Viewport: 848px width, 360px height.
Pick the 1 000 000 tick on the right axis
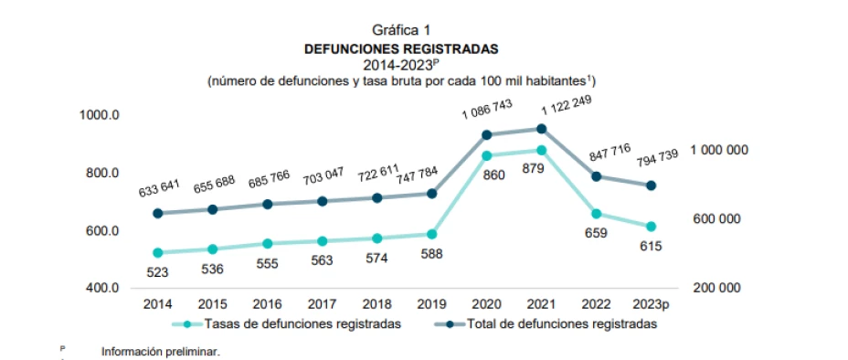point(718,150)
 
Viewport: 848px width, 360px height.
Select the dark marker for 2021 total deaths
point(541,129)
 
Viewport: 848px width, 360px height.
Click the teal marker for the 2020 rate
point(486,156)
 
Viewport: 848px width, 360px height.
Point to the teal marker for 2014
point(158,253)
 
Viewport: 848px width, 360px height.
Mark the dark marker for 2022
point(596,176)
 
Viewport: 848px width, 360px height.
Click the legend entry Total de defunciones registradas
point(562,323)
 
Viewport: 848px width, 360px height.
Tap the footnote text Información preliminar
point(161,351)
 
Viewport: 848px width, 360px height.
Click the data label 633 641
point(159,188)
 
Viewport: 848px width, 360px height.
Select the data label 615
point(651,246)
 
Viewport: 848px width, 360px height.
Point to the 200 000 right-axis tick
point(718,288)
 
